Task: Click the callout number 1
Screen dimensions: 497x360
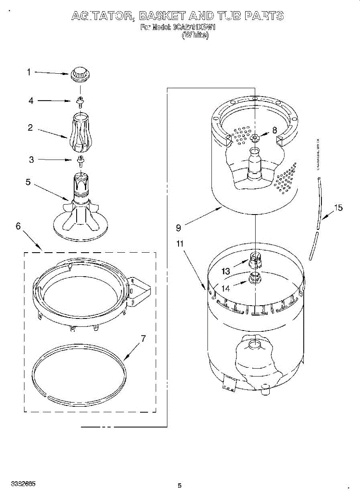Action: coord(29,72)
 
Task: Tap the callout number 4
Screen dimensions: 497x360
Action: coord(31,101)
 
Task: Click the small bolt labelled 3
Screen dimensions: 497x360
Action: coord(80,159)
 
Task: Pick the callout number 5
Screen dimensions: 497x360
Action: coord(28,182)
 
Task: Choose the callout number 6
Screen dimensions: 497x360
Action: coord(18,226)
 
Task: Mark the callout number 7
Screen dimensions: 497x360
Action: coord(143,338)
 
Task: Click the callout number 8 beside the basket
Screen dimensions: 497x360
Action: coord(274,130)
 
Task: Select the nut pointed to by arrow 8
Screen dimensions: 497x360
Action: coord(254,138)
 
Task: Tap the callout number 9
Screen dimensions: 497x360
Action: coord(178,227)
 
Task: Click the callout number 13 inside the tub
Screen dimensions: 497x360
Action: coord(226,272)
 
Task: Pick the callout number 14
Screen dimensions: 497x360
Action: coord(226,288)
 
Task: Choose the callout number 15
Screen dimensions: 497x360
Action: coord(338,207)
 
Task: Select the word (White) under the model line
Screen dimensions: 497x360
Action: coord(195,36)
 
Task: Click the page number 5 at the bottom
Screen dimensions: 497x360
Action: coord(179,485)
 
